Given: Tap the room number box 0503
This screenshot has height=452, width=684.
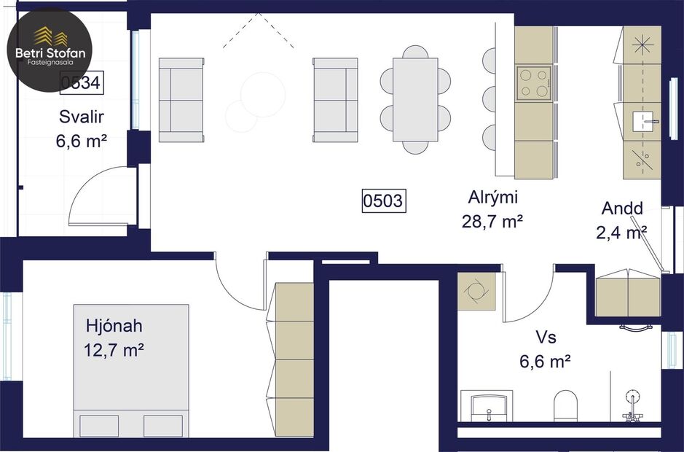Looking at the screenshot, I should pyautogui.click(x=383, y=200).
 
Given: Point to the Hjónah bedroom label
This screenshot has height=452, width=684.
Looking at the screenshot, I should pyautogui.click(x=113, y=338).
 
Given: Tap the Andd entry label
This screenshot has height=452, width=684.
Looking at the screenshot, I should pyautogui.click(x=623, y=219).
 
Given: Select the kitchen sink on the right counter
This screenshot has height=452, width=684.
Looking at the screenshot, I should pyautogui.click(x=642, y=119).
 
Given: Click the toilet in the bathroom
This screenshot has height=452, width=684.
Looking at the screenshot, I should pyautogui.click(x=566, y=404).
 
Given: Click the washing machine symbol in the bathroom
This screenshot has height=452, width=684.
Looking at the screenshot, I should pyautogui.click(x=476, y=290).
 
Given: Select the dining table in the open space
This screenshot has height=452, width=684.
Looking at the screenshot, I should pyautogui.click(x=415, y=100).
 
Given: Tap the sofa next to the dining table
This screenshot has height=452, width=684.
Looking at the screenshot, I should pyautogui.click(x=336, y=100).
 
